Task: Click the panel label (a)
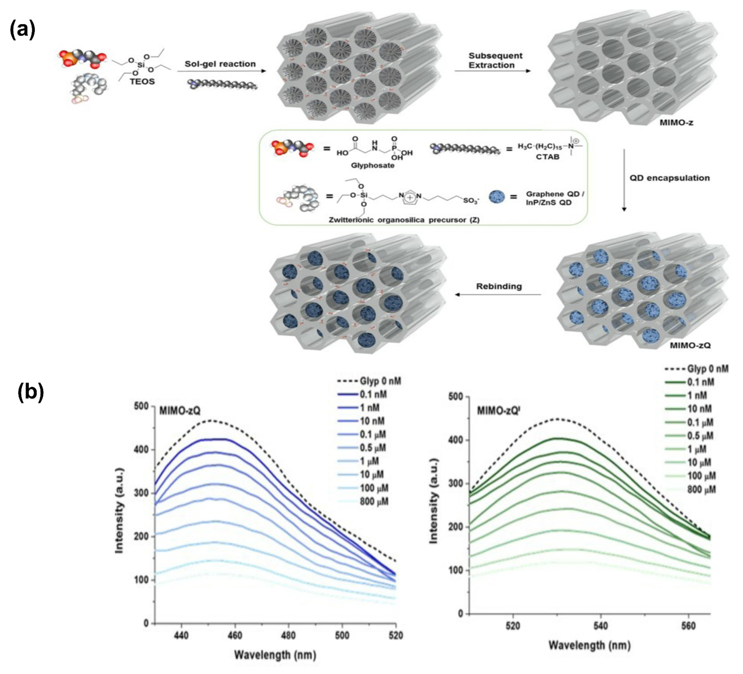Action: (x=22, y=30)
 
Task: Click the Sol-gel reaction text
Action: (x=220, y=64)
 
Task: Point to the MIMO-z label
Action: (x=676, y=122)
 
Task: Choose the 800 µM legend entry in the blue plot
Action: (x=374, y=501)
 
